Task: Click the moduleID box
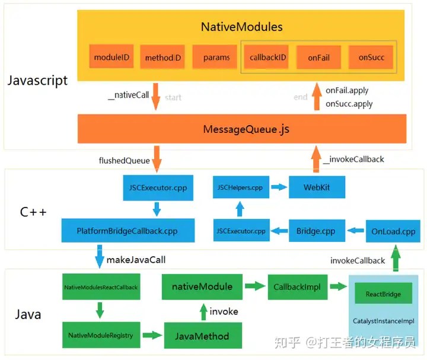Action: click(x=112, y=58)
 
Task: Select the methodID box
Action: click(x=163, y=58)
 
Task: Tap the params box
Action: click(x=216, y=58)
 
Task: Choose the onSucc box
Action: click(x=371, y=58)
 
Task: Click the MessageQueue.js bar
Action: click(x=242, y=129)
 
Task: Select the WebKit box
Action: click(x=317, y=187)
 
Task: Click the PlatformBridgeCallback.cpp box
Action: click(x=128, y=231)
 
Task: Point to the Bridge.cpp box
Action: click(x=316, y=231)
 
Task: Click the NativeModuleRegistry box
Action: click(x=101, y=335)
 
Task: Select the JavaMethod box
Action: click(x=203, y=336)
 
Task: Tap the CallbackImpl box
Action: click(x=297, y=286)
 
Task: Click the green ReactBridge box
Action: click(x=383, y=294)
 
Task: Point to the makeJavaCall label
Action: click(x=136, y=259)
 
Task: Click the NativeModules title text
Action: click(x=241, y=27)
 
